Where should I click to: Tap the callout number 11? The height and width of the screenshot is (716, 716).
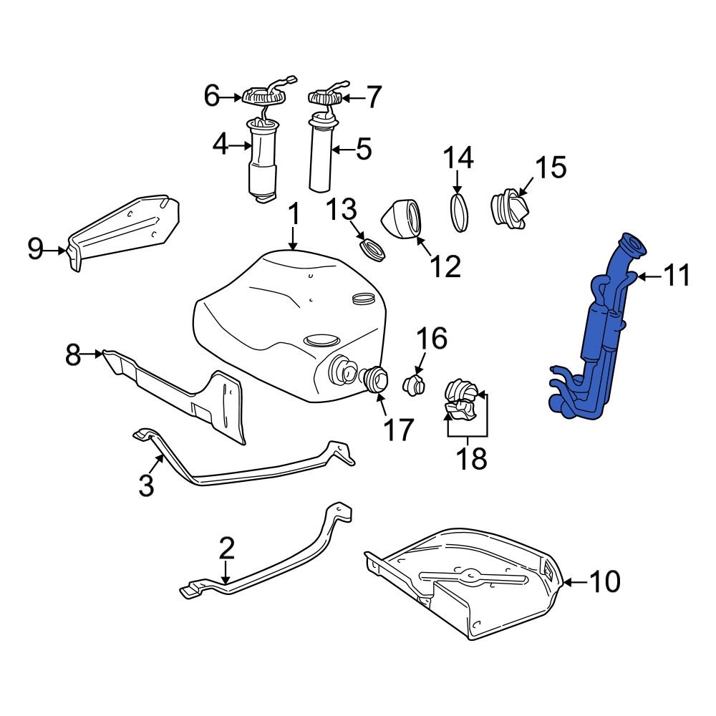pos(676,276)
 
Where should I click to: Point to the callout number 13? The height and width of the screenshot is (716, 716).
pos(342,211)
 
